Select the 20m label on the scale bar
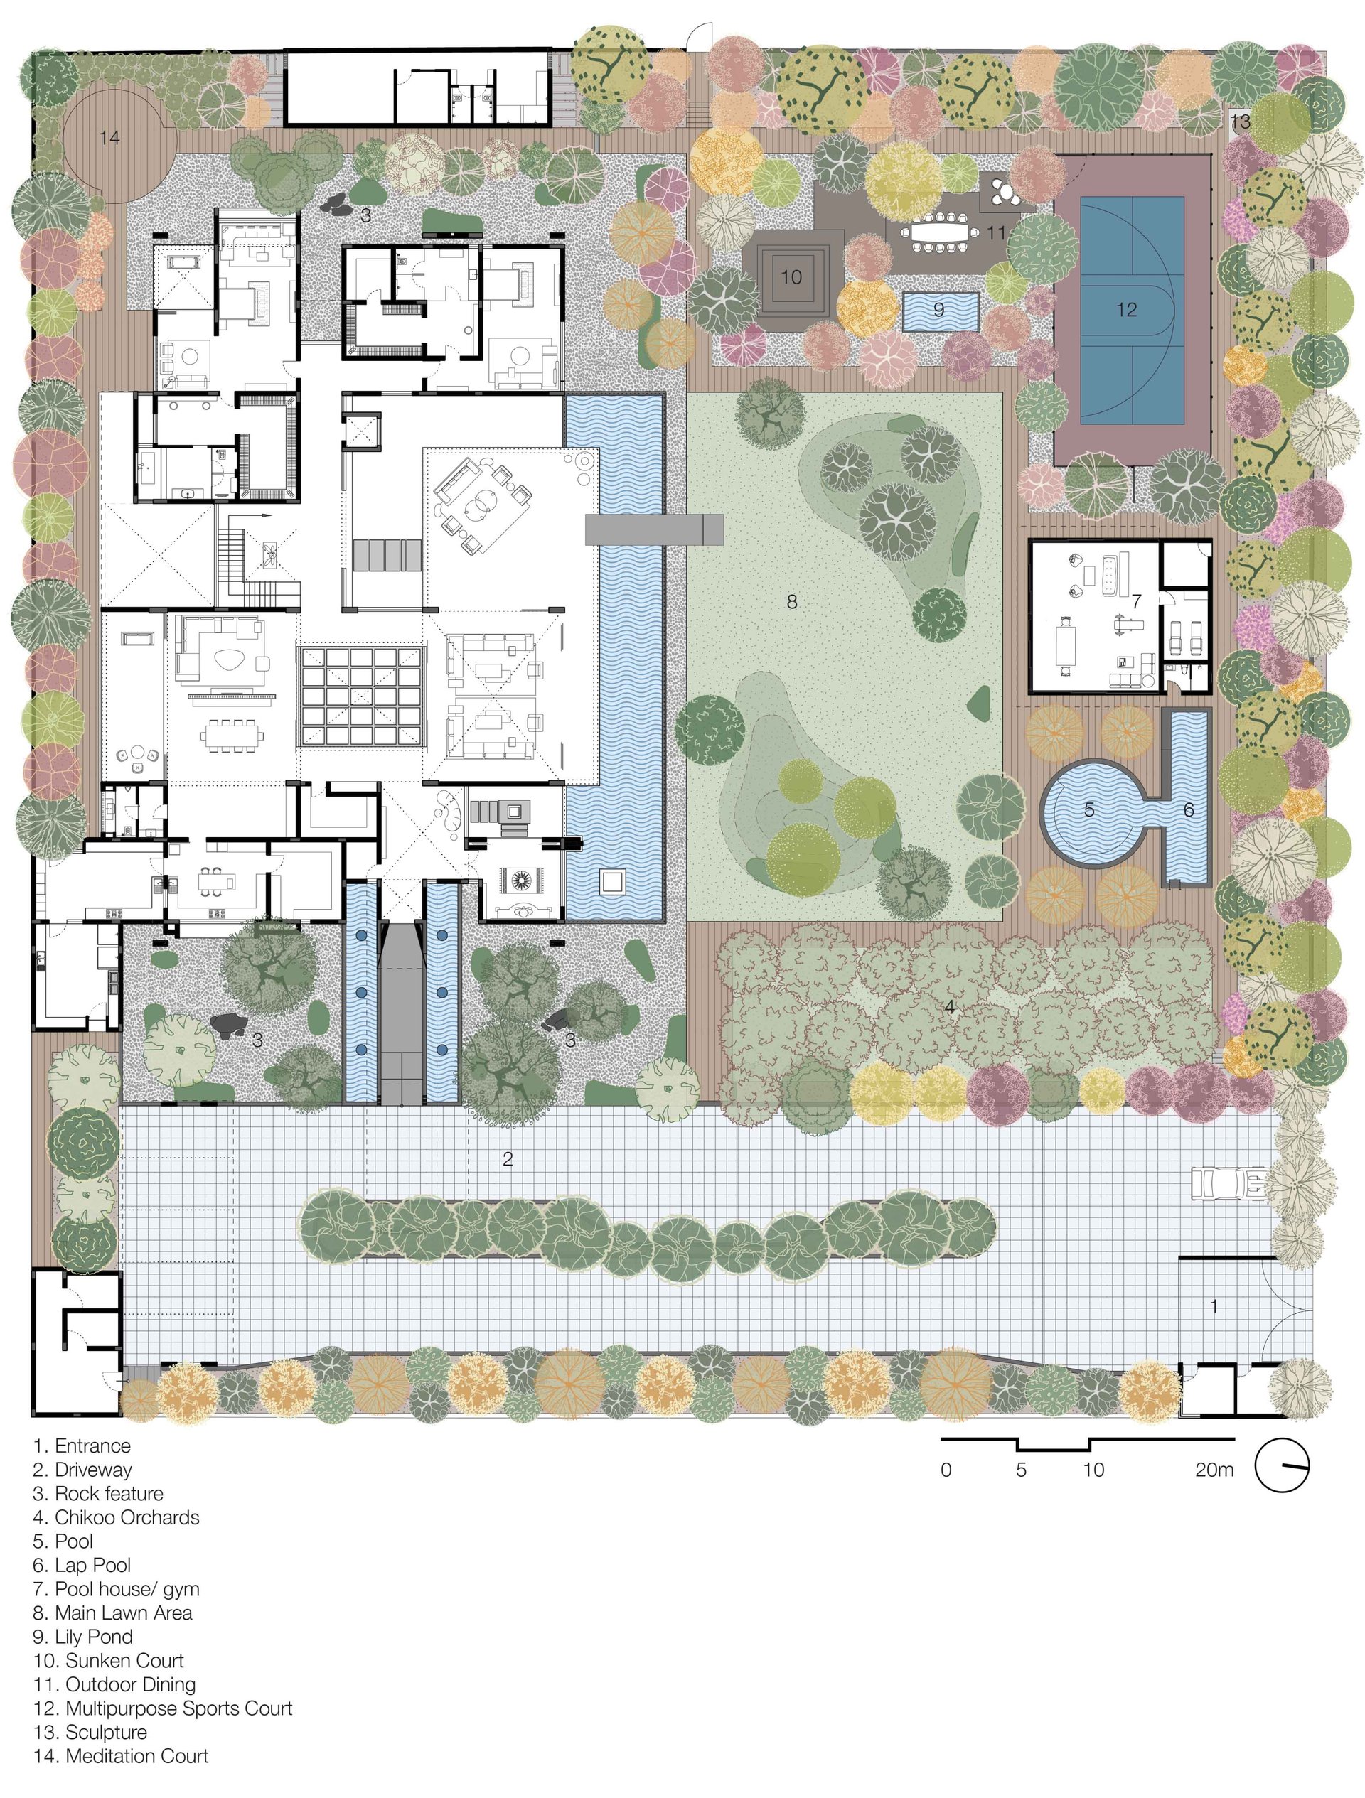tap(1214, 1470)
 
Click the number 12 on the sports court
tap(1126, 310)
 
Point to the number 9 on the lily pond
tap(939, 310)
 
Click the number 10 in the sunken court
tap(791, 277)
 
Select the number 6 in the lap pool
tap(1189, 809)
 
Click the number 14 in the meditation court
tap(109, 137)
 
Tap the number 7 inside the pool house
tap(1137, 601)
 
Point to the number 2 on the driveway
tap(508, 1159)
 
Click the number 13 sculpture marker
tap(1240, 123)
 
